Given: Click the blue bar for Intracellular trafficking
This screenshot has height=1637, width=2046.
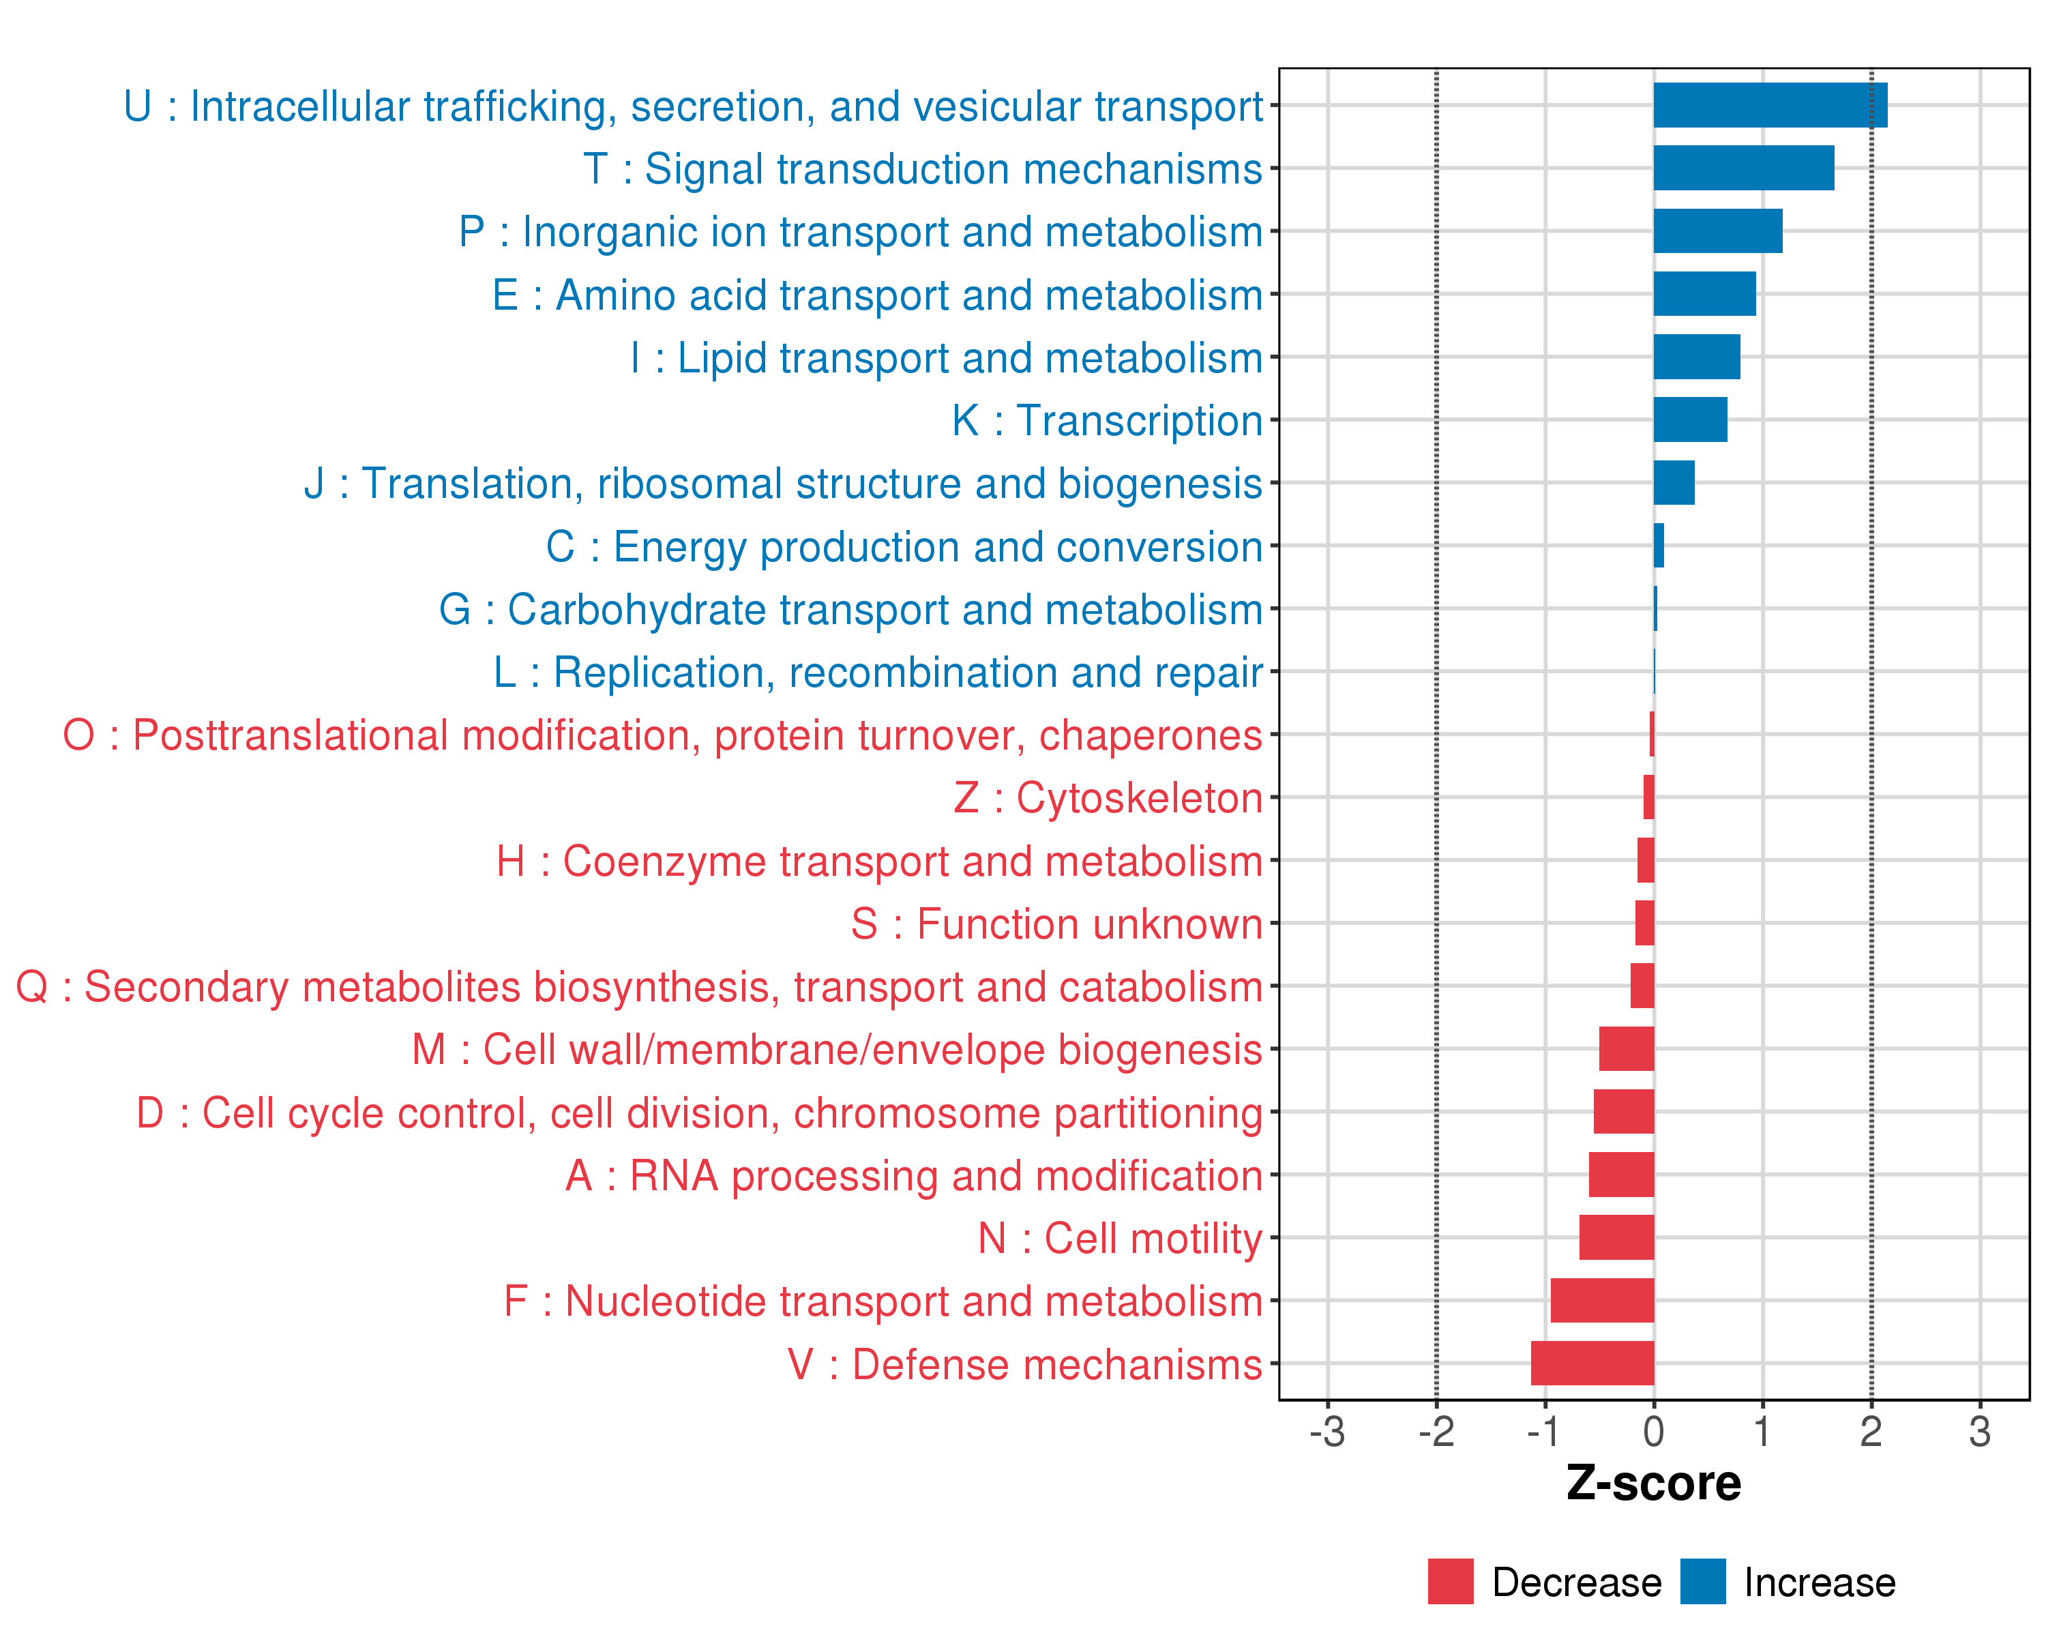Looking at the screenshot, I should (x=1770, y=105).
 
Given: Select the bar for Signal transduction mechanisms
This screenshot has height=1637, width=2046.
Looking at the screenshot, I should (x=1743, y=168).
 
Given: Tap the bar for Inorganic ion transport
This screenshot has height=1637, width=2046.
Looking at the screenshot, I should (x=1718, y=231).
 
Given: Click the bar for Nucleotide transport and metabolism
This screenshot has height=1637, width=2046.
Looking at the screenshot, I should (x=1602, y=1300).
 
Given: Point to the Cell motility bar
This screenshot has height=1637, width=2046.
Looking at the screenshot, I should (x=1616, y=1237).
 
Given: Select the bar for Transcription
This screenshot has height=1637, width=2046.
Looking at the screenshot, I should (x=1690, y=419).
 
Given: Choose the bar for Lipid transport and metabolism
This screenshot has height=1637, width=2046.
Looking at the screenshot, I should (x=1697, y=357).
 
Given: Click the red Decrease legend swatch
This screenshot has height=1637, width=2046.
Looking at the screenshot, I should (x=1450, y=1581).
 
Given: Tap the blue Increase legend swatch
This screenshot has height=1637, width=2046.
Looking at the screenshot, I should (x=1702, y=1581).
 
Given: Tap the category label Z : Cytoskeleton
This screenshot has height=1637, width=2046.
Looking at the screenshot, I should (x=1108, y=798).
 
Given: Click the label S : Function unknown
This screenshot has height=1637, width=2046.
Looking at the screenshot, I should (x=1056, y=924).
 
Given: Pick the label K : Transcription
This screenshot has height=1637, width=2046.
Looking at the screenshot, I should (x=1106, y=420).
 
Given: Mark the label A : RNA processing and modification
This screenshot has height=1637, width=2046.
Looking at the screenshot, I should (x=914, y=1176).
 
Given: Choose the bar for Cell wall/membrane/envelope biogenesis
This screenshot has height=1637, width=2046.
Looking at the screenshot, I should (x=1626, y=1048).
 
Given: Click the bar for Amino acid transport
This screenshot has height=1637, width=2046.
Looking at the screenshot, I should (x=1704, y=294).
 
